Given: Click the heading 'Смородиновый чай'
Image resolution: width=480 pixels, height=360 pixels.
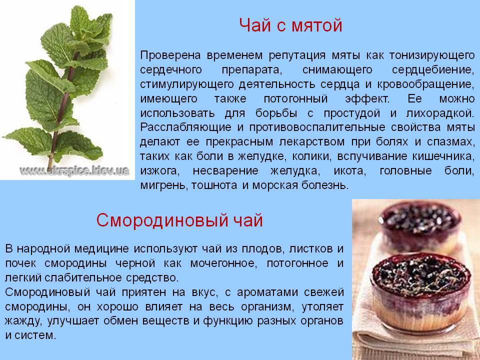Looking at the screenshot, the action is tap(179, 220).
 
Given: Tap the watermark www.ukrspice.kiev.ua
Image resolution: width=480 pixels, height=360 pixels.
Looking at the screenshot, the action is tap(74, 171).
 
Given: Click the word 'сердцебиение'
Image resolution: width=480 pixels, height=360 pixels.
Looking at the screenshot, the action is tap(433, 70).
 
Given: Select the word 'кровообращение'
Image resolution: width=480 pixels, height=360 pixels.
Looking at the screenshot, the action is tap(425, 84).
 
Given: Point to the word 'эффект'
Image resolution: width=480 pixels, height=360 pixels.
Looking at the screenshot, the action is tap(367, 99).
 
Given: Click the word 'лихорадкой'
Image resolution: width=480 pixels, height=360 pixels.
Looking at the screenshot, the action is tap(439, 113).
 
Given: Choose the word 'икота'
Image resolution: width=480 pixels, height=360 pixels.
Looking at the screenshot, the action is tap(349, 171).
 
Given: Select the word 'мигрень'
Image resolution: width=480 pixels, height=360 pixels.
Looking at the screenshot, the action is tap(164, 185).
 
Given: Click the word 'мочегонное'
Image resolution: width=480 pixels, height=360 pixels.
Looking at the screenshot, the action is tap(223, 263).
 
